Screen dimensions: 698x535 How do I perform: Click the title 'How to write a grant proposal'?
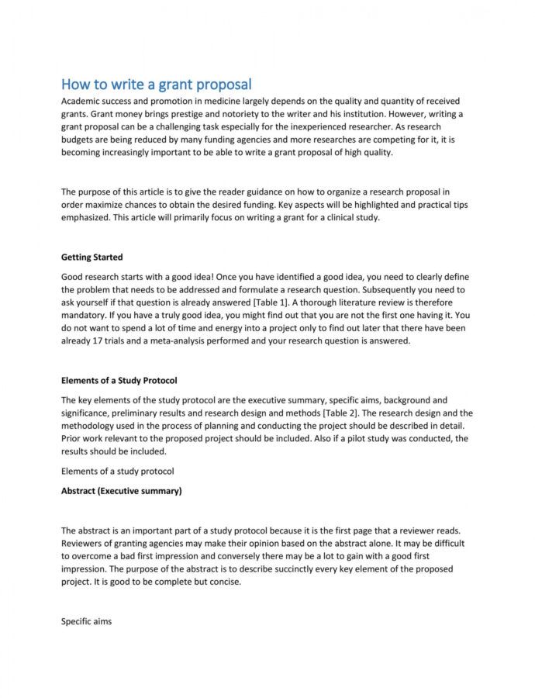tap(157, 84)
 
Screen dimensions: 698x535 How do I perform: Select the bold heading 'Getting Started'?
tap(91, 257)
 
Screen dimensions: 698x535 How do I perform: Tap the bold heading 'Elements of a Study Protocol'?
tap(119, 380)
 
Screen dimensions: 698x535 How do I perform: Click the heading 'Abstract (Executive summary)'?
tap(121, 490)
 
